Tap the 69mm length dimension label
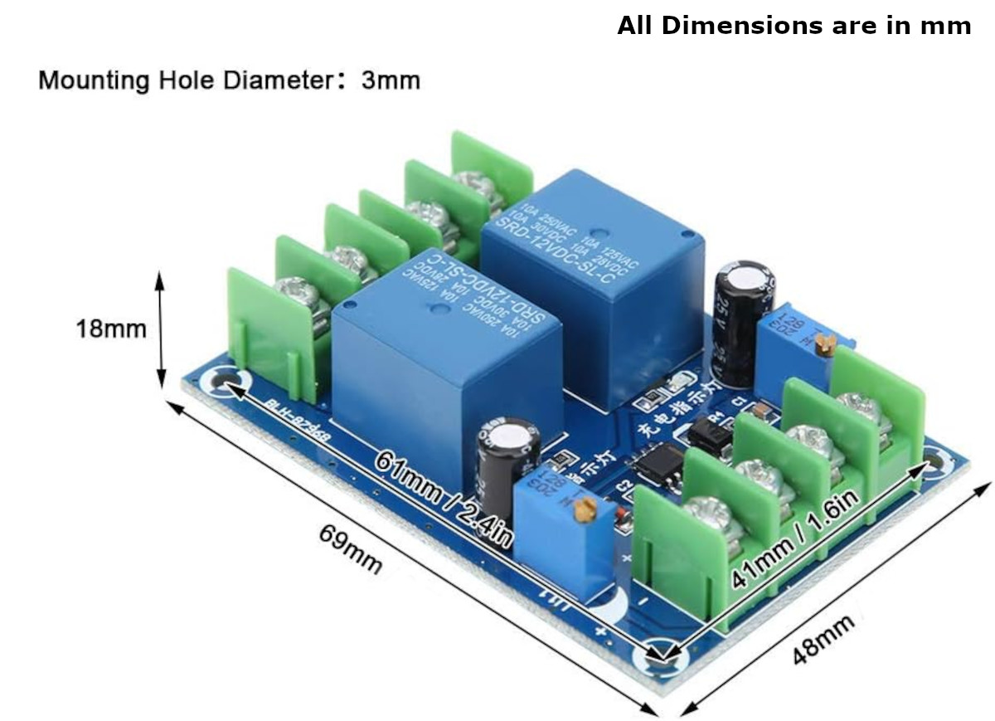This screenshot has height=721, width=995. [351, 549]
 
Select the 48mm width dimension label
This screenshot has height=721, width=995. [823, 639]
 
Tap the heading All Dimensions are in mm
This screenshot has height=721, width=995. [794, 26]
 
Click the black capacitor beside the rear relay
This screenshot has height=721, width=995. [735, 323]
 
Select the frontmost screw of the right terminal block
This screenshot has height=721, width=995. [710, 515]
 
